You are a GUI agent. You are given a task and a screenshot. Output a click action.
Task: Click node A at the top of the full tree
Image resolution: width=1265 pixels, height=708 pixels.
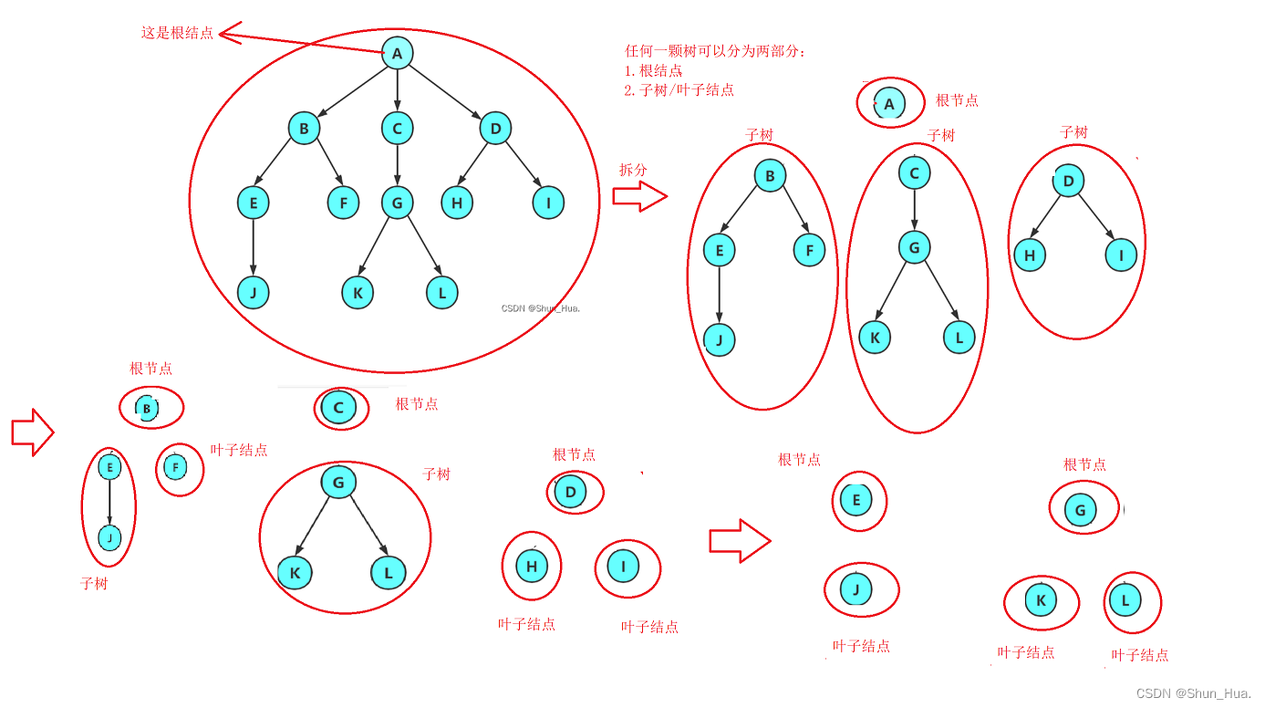[397, 53]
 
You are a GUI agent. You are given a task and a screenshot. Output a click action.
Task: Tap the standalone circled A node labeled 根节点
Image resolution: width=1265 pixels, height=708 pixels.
[889, 104]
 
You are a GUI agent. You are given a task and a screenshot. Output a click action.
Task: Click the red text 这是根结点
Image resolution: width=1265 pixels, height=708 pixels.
[177, 33]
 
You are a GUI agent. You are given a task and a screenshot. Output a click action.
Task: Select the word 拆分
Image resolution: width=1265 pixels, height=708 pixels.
[633, 170]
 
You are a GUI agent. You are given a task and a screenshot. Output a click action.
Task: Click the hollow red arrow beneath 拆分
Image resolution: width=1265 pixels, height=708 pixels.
[639, 196]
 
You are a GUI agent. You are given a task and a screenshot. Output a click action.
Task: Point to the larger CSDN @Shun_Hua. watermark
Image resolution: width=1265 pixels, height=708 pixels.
[1195, 693]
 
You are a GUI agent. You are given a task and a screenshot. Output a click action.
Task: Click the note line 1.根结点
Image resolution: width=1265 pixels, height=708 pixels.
[653, 70]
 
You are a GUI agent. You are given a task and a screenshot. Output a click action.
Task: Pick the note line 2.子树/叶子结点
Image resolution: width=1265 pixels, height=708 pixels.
[679, 89]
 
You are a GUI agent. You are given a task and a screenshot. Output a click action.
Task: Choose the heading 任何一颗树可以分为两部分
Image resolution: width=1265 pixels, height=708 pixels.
[715, 51]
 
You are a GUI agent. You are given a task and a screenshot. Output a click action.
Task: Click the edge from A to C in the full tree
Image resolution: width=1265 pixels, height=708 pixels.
[397, 91]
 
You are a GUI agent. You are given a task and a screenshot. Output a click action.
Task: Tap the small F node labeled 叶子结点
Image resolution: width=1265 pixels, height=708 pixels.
[176, 468]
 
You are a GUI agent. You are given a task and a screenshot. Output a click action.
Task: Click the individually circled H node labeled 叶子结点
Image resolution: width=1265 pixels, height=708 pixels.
[532, 567]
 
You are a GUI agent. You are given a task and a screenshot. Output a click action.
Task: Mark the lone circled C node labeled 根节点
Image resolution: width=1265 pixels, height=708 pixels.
[338, 408]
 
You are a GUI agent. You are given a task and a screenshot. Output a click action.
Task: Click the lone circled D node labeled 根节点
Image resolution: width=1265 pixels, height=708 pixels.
[571, 493]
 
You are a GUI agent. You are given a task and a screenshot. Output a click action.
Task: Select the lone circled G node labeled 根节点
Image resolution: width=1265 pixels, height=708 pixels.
[1081, 509]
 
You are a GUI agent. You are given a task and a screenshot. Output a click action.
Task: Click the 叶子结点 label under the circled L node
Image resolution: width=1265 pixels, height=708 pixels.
[1139, 655]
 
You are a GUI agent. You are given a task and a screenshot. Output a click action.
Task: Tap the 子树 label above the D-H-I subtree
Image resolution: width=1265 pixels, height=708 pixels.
[1073, 132]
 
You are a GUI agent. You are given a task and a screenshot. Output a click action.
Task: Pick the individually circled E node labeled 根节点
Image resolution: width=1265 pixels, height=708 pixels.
[856, 499]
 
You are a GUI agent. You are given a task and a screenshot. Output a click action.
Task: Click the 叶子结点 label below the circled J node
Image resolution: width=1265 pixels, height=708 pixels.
[861, 646]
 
